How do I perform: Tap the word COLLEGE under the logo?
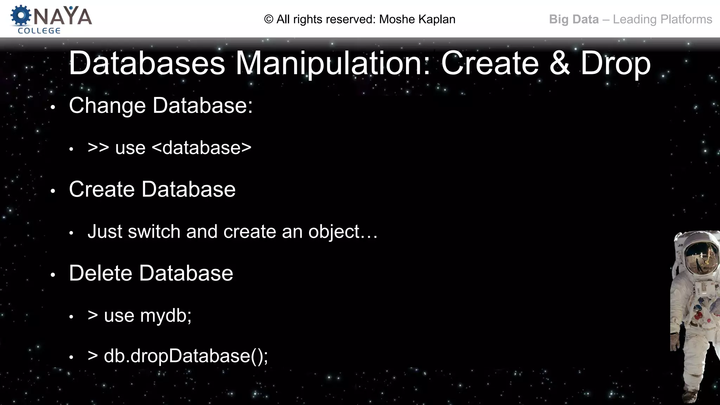click(39, 31)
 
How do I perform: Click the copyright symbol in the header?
click(269, 19)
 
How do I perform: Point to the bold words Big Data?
click(574, 19)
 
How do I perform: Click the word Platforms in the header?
click(687, 19)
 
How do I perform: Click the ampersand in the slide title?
click(560, 63)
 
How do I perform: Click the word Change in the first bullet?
click(107, 105)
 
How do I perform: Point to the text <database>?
click(201, 148)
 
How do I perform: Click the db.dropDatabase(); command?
click(186, 356)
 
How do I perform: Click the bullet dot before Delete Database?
click(53, 275)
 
